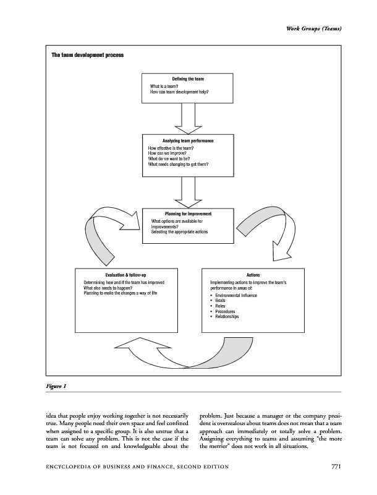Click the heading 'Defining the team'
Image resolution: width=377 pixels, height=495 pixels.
188,80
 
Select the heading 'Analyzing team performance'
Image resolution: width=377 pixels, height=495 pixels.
188,142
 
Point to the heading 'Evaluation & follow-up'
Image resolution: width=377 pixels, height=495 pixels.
125,274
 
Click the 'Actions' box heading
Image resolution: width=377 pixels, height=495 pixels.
253,274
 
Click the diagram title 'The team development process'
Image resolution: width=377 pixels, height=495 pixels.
87,56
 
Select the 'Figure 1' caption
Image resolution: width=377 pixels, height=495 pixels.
56,386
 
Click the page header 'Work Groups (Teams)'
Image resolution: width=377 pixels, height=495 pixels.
312,30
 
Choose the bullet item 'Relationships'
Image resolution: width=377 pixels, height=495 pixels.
227,316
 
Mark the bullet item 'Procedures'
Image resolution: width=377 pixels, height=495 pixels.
226,311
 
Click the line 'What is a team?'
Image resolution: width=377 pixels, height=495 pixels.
165,87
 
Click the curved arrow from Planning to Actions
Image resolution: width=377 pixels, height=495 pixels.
260,227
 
